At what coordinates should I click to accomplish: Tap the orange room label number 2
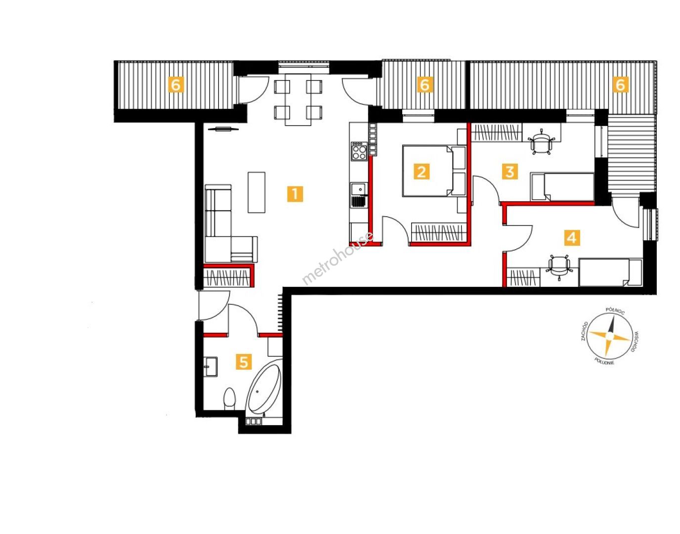point(421,172)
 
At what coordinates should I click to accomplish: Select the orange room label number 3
point(510,172)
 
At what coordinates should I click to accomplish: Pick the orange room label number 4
point(572,237)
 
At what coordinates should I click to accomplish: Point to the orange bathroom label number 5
point(244,362)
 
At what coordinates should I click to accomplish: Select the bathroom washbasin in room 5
point(211,366)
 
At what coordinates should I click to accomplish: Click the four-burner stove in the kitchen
point(359,151)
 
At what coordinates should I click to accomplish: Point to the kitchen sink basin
point(357,189)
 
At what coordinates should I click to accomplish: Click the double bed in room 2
point(434,171)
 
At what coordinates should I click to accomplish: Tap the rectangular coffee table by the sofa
point(256,192)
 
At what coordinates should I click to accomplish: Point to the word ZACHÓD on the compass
point(584,331)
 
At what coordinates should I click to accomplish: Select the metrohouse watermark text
point(338,258)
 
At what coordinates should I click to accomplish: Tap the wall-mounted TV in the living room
point(223,129)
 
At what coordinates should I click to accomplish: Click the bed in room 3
point(562,186)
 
